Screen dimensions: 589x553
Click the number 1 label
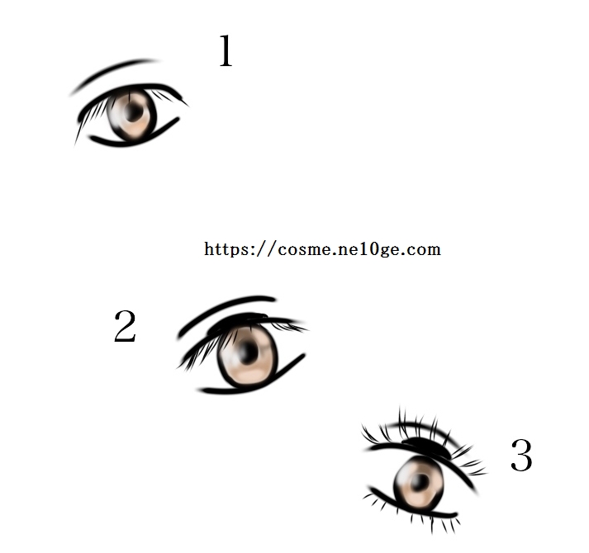click(x=226, y=51)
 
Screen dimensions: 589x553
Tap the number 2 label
click(x=125, y=326)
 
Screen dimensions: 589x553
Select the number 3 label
click(x=522, y=455)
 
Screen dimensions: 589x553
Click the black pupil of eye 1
click(x=133, y=112)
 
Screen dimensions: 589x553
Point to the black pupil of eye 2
click(x=248, y=352)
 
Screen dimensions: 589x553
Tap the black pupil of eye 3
click(x=420, y=481)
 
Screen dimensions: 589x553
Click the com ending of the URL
click(x=423, y=249)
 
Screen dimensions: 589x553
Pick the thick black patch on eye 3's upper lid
click(x=426, y=447)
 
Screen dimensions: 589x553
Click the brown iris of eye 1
click(x=131, y=115)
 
